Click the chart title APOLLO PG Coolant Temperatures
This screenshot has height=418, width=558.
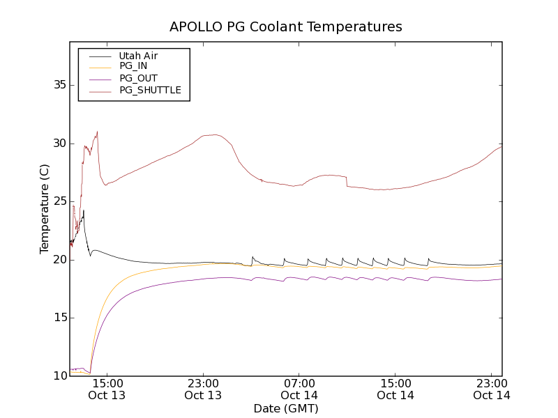click(286, 26)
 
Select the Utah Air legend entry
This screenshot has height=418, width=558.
click(138, 56)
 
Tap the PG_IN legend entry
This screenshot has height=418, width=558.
click(133, 66)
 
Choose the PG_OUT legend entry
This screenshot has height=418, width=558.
click(138, 78)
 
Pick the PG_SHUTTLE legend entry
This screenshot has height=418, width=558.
click(150, 90)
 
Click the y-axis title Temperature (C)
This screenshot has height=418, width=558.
click(45, 209)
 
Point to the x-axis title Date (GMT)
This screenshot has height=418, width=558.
click(286, 408)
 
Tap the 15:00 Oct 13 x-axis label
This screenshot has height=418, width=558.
click(107, 389)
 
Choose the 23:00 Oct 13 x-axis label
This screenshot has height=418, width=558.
click(203, 389)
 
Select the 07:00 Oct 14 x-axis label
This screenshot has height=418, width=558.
click(299, 389)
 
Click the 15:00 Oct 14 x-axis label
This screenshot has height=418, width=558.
click(395, 389)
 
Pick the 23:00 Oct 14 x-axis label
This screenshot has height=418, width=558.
click(492, 389)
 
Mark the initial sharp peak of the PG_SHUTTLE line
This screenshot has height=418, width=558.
click(97, 132)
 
